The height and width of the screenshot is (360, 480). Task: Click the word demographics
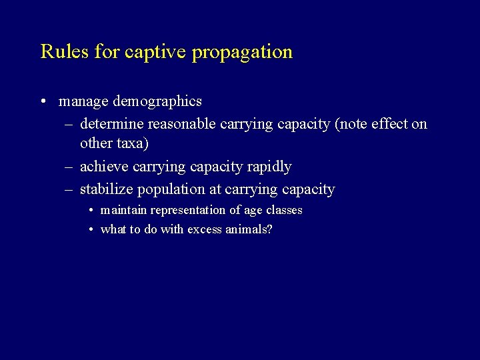point(157,101)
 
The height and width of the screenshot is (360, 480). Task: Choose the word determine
point(111,124)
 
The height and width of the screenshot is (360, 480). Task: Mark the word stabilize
point(107,189)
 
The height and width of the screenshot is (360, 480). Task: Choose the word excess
point(207,229)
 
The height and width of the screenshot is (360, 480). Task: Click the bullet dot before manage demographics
point(43,102)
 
